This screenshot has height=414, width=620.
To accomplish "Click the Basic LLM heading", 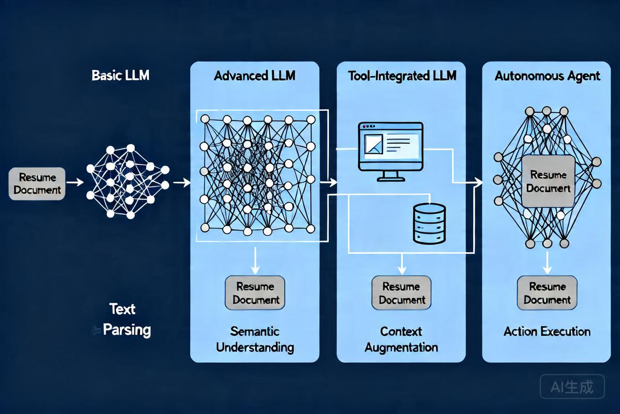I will click(x=120, y=75).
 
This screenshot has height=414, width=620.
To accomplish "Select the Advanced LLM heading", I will click(x=255, y=76).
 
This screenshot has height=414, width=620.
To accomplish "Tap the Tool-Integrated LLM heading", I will click(x=402, y=76).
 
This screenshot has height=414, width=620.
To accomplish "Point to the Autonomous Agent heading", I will click(x=547, y=76).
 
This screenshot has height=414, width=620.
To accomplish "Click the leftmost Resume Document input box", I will click(x=37, y=184).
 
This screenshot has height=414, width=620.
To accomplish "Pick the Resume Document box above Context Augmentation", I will click(x=402, y=293).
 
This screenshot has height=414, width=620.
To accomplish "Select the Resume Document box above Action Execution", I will click(x=547, y=293).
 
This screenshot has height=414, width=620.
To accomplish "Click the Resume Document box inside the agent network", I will click(x=548, y=181).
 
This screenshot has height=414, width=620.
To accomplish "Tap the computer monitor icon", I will click(x=391, y=150).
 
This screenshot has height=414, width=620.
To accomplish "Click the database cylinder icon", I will click(x=429, y=223).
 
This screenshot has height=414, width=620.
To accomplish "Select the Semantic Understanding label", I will click(x=255, y=339).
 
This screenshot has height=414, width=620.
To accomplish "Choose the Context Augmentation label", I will click(x=401, y=339).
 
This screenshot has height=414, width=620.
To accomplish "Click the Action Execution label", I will click(x=547, y=331).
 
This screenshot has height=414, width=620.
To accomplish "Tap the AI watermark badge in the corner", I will click(x=572, y=387).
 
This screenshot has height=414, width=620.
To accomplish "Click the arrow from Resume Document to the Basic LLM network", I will click(x=75, y=182).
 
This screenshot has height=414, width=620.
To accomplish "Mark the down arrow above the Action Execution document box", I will click(x=547, y=262).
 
